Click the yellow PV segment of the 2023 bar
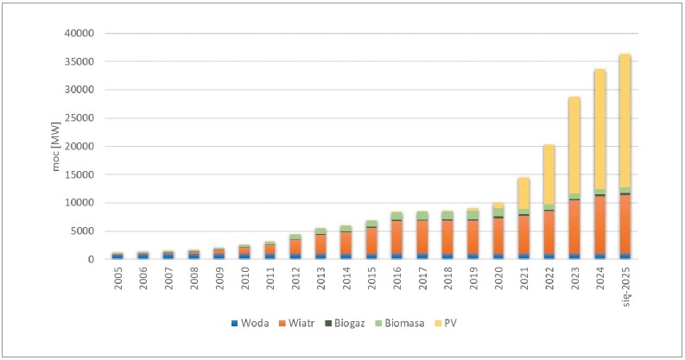pyautogui.click(x=574, y=145)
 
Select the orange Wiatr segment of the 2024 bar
pyautogui.click(x=599, y=224)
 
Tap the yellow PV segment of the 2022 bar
pyautogui.click(x=549, y=174)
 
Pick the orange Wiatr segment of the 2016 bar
pyautogui.click(x=396, y=237)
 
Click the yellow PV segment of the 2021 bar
pyautogui.click(x=523, y=193)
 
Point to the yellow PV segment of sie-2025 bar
pyautogui.click(x=625, y=121)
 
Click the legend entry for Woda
pyautogui.click(x=250, y=324)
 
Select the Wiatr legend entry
pyautogui.click(x=296, y=324)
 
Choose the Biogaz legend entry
pyautogui.click(x=345, y=324)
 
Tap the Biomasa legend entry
pyautogui.click(x=400, y=324)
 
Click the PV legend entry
pyautogui.click(x=445, y=324)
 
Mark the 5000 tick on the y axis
pyautogui.click(x=84, y=231)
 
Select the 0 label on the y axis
pyautogui.click(x=91, y=260)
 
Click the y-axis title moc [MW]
pyautogui.click(x=56, y=146)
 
